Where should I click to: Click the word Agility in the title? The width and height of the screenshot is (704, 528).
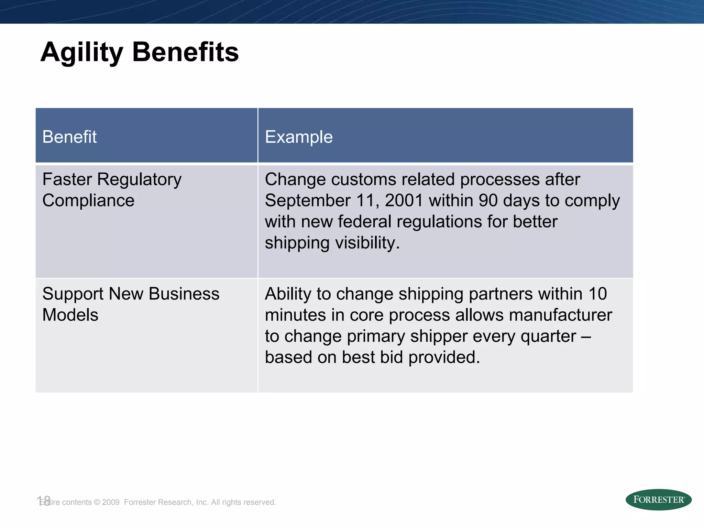(81, 52)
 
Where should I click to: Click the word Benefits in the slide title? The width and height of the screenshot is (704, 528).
(185, 52)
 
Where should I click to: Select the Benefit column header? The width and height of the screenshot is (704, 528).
(69, 137)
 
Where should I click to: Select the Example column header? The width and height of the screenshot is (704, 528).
(299, 137)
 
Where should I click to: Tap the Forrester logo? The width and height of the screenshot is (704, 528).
(658, 499)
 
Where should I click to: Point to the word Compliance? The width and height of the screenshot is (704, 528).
(88, 200)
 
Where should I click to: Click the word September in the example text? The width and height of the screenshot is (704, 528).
(307, 200)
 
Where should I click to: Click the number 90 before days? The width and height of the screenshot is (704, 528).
(488, 200)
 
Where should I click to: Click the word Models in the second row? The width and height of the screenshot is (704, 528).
(70, 315)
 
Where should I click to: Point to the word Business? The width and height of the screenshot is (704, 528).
(184, 294)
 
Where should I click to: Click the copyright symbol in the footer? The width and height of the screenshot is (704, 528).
(97, 502)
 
